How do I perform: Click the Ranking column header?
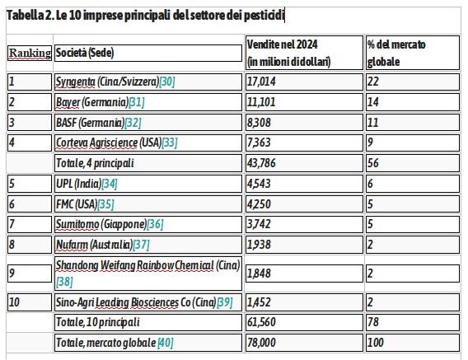[30, 53]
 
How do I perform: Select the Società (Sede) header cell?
[148, 53]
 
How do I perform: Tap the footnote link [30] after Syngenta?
[167, 82]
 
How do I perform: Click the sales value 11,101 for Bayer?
[261, 102]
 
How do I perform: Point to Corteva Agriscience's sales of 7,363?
[259, 143]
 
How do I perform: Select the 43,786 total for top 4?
[261, 163]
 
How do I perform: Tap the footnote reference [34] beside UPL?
[110, 184]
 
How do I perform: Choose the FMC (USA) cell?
[148, 204]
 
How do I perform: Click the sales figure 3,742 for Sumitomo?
[259, 224]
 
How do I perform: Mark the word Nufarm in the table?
[72, 245]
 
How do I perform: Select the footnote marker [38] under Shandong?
[64, 282]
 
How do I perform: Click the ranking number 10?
[14, 302]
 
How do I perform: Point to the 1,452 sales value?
[259, 302]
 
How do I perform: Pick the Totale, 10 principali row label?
[98, 322]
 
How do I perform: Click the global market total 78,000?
[261, 343]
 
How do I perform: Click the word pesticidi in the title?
[264, 15]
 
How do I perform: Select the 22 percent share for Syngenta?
[372, 82]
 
